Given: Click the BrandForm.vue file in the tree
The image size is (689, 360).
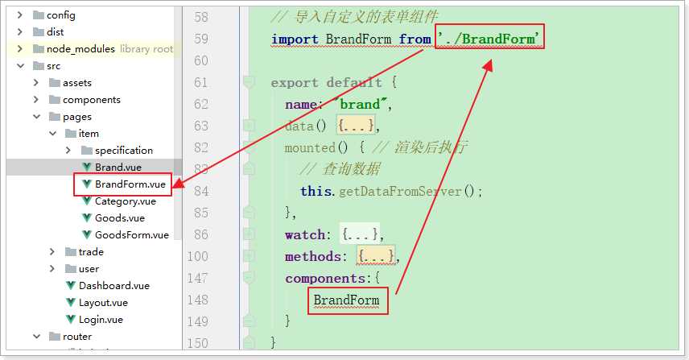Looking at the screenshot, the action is pyautogui.click(x=130, y=184).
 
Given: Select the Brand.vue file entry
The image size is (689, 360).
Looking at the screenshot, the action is pyautogui.click(x=118, y=168).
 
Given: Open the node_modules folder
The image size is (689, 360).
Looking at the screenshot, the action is pyautogui.click(x=80, y=49).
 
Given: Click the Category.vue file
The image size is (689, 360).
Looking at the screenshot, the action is pyautogui.click(x=126, y=201).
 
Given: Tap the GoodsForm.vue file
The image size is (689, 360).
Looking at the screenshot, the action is pyautogui.click(x=132, y=235).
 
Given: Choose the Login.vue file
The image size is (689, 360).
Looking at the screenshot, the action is pyautogui.click(x=101, y=320).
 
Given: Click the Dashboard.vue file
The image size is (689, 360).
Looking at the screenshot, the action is pyautogui.click(x=114, y=286).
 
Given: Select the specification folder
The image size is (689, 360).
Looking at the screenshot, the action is pyautogui.click(x=124, y=151).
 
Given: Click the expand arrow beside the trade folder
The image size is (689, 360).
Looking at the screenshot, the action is pyautogui.click(x=52, y=252).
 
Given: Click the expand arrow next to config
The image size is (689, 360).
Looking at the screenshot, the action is pyautogui.click(x=20, y=15).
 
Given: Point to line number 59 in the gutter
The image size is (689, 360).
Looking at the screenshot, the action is pyautogui.click(x=200, y=39).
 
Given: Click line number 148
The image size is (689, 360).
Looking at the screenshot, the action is pyautogui.click(x=197, y=300).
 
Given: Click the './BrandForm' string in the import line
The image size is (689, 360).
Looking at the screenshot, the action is pyautogui.click(x=489, y=39).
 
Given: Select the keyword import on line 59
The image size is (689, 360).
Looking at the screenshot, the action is pyautogui.click(x=295, y=39).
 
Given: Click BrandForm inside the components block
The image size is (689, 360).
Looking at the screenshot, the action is pyautogui.click(x=346, y=300).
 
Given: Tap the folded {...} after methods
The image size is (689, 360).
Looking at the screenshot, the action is pyautogui.click(x=376, y=256).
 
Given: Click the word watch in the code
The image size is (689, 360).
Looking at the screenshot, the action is pyautogui.click(x=305, y=234).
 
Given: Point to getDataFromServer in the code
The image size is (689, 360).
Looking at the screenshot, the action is pyautogui.click(x=400, y=191).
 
